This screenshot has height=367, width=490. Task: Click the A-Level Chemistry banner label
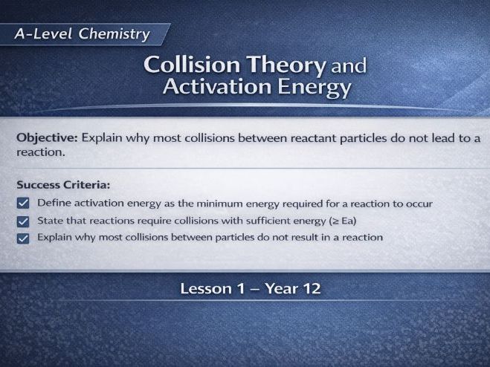[82, 34]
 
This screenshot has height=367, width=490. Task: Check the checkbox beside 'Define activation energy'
[22, 203]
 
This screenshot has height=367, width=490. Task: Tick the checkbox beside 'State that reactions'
[22, 221]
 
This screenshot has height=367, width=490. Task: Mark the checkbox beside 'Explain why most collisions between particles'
[22, 238]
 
